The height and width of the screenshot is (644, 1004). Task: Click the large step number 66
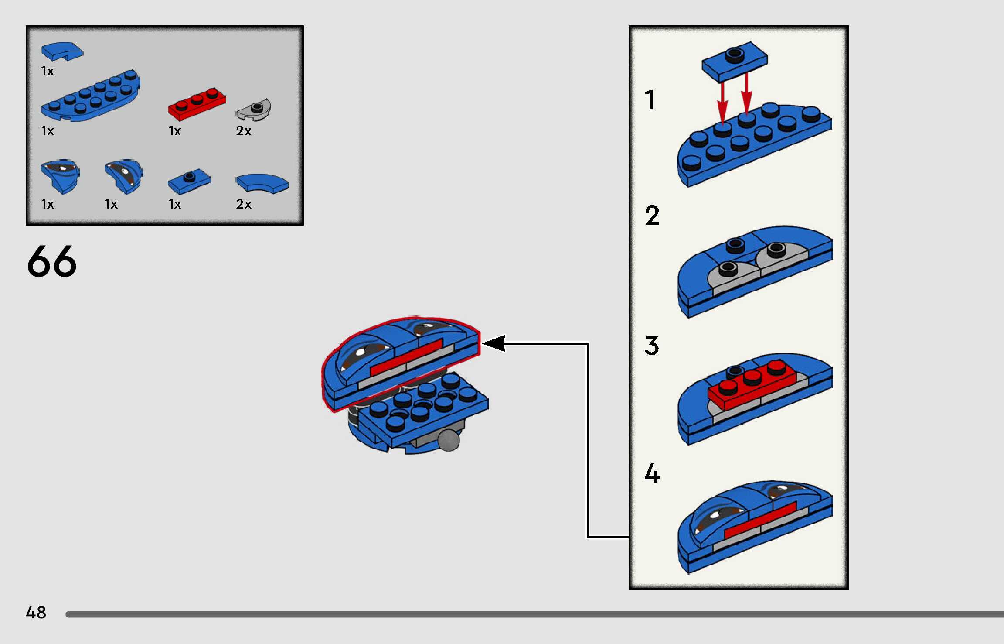(52, 261)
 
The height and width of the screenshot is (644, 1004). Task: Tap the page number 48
(36, 613)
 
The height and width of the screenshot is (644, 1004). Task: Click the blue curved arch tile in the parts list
(262, 183)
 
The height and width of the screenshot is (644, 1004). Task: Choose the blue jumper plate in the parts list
(189, 181)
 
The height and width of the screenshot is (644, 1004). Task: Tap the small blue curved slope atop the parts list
(62, 51)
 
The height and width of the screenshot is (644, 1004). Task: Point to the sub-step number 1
(650, 100)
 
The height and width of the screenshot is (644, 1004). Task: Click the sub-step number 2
(652, 215)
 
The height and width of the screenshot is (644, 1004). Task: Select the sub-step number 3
(652, 346)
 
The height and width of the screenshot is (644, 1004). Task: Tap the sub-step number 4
(652, 474)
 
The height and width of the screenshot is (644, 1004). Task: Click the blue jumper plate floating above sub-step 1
(735, 61)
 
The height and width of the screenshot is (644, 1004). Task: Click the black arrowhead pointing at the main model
(494, 343)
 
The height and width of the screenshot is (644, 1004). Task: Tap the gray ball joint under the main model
(449, 440)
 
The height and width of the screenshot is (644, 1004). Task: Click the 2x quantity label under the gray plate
(244, 131)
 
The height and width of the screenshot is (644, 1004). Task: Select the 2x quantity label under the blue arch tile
(244, 204)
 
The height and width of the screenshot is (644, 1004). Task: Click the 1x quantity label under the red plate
(174, 131)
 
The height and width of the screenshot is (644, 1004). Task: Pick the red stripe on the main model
(406, 357)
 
